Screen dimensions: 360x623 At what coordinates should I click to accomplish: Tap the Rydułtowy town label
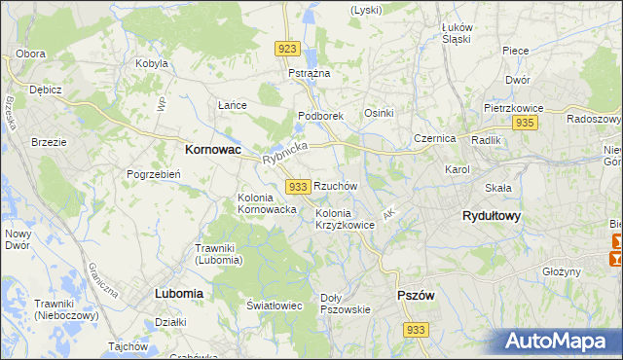(x=490, y=217)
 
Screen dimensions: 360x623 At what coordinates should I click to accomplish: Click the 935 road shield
(x=526, y=123)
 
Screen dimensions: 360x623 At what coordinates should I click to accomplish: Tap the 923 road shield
(x=286, y=49)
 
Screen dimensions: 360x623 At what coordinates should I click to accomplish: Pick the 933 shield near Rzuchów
(x=299, y=186)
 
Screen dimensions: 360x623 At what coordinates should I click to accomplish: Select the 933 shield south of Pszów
(x=416, y=331)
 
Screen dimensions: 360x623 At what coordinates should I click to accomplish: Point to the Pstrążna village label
(x=310, y=74)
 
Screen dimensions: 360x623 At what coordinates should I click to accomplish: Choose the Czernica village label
(x=434, y=138)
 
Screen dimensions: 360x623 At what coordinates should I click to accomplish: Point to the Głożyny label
(x=562, y=272)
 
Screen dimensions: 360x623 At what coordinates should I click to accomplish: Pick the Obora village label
(x=31, y=53)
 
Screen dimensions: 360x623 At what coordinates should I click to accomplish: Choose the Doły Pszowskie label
(x=346, y=304)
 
